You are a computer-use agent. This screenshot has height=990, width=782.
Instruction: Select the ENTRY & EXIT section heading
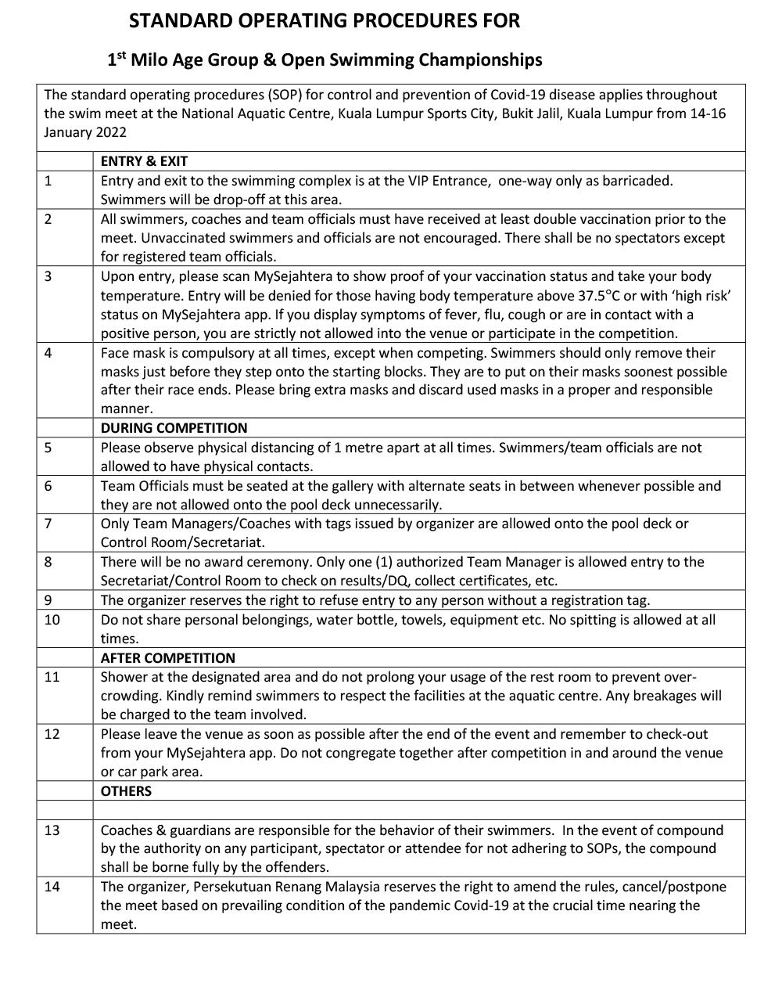click(x=144, y=161)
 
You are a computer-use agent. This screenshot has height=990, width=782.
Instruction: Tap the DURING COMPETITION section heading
click(x=174, y=428)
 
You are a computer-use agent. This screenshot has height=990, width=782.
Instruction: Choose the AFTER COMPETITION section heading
click(x=167, y=658)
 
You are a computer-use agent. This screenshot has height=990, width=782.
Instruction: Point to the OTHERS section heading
click(x=126, y=791)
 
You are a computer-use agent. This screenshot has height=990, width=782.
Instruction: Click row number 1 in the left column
click(x=48, y=181)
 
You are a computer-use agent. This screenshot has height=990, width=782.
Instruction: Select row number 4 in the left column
click(x=48, y=353)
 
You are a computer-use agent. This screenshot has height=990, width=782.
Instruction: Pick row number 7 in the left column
click(x=48, y=524)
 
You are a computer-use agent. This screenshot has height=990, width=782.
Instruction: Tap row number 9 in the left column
click(x=48, y=600)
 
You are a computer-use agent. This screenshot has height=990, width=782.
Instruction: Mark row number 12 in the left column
click(x=52, y=734)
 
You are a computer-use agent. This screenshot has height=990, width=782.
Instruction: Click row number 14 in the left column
click(x=52, y=887)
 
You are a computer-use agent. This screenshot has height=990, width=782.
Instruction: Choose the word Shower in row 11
click(x=123, y=677)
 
